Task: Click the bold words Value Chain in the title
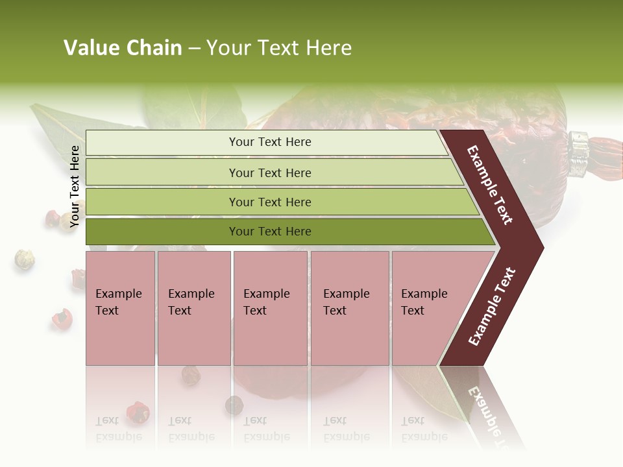(x=123, y=48)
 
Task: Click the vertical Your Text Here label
(x=75, y=186)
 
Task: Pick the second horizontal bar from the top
(x=270, y=173)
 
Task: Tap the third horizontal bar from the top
(x=270, y=202)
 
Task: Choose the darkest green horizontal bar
(x=270, y=232)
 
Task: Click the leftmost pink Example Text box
(x=120, y=308)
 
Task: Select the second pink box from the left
(x=193, y=308)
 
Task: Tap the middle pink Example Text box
(x=270, y=308)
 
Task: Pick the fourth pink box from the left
(x=349, y=308)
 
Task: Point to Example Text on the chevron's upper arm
(x=490, y=185)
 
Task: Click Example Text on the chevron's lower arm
(x=492, y=307)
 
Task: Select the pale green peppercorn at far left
(x=24, y=259)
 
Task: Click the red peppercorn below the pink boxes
(x=138, y=411)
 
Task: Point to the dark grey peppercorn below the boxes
(x=234, y=405)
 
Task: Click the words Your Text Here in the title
(x=279, y=48)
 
